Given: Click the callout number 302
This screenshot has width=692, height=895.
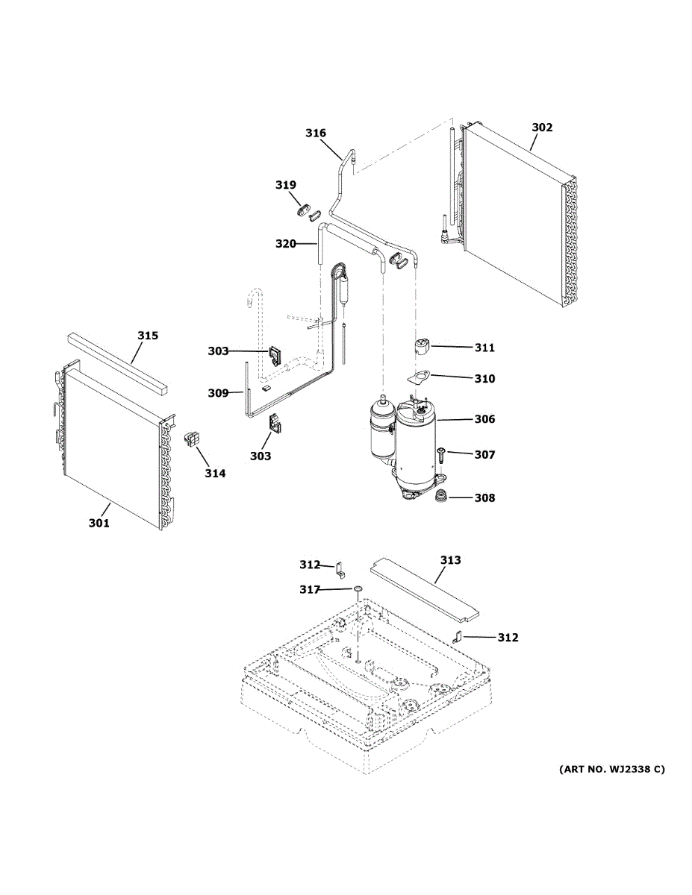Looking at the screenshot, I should tap(542, 128).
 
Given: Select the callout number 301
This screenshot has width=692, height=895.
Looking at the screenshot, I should tap(99, 523).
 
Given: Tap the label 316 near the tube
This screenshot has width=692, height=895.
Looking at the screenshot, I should tap(316, 134).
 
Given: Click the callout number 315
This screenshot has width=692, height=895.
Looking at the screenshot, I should tap(148, 336).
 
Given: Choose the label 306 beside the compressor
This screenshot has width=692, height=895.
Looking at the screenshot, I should tap(484, 419).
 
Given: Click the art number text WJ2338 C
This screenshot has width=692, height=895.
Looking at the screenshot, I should tap(611, 768).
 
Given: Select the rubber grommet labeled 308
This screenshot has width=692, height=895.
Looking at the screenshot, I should tap(443, 497).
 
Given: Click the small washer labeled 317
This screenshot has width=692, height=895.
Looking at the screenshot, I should tap(358, 590).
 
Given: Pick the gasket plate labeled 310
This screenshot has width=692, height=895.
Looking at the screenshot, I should tap(423, 379).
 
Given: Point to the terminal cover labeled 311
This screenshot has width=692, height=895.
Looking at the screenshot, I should tap(423, 347).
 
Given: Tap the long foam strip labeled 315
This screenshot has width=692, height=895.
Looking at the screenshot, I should tap(119, 363).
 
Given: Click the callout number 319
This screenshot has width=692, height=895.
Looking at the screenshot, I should tap(285, 185).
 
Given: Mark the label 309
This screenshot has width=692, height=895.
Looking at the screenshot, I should tap(218, 393).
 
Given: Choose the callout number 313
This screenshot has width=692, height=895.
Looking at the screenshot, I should tap(450, 560).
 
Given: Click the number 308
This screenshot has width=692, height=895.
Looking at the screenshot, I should tap(484, 497).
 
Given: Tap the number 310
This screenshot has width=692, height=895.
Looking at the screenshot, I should tap(484, 379).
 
